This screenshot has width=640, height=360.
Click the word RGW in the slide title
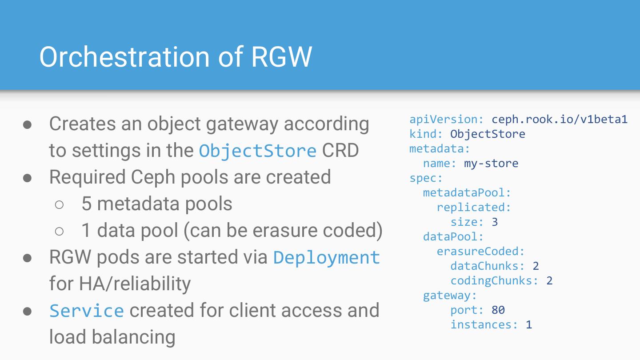click(282, 57)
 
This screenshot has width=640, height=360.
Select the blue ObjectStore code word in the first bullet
click(257, 151)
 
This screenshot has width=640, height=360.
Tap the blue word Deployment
click(327, 257)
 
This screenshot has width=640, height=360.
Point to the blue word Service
click(87, 311)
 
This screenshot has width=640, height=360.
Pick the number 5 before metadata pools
click(86, 204)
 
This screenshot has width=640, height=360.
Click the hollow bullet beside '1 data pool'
click(59, 231)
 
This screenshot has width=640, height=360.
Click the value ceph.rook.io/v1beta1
click(559, 119)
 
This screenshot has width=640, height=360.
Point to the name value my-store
click(491, 163)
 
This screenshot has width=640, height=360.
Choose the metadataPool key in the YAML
click(466, 192)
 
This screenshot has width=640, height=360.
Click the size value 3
click(495, 222)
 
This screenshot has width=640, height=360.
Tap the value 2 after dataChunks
click(536, 266)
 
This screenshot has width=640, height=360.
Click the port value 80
click(498, 310)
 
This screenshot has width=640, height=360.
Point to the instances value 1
click(529, 324)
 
